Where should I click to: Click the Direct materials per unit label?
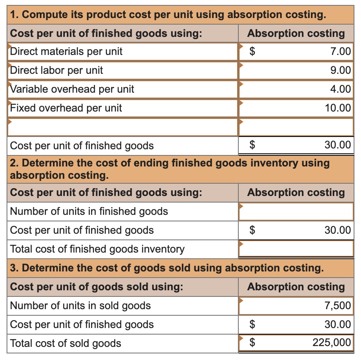pos(66,52)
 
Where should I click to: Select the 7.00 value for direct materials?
pos(340,52)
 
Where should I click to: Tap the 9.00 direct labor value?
pos(340,71)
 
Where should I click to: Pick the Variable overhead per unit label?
pos(72,89)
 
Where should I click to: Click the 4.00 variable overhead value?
pos(340,89)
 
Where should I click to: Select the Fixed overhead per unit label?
pos(66,108)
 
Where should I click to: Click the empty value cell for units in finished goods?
pos(296,212)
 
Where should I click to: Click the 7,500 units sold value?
pos(338,306)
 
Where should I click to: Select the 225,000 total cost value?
pos(331,343)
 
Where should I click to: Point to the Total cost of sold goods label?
pos(66,344)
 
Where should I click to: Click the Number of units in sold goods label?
pos(80,306)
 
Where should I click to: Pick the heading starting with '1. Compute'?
pos(168,15)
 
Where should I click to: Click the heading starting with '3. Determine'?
pos(167,268)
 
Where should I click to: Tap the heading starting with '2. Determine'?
pos(169,169)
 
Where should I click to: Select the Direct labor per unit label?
pos(57,71)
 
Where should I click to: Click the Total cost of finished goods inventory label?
pos(97,249)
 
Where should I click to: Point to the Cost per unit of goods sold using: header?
pos(96,287)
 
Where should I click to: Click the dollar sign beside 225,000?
pos(253,343)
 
